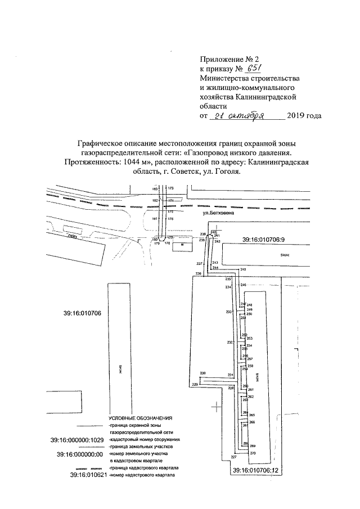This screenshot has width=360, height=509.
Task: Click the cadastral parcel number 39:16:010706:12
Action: point(256,470)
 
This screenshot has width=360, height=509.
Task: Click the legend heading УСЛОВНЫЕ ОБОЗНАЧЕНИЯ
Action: point(140,419)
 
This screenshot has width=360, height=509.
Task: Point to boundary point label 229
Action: point(195,384)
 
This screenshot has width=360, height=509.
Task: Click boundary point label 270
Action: point(253,453)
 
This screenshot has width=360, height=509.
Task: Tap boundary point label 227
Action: point(233,457)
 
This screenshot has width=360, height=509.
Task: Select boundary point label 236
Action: point(198,274)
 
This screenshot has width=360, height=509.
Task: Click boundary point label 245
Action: point(243,271)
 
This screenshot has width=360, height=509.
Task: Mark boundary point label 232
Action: point(229,343)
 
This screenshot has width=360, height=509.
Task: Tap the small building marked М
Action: point(181,246)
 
